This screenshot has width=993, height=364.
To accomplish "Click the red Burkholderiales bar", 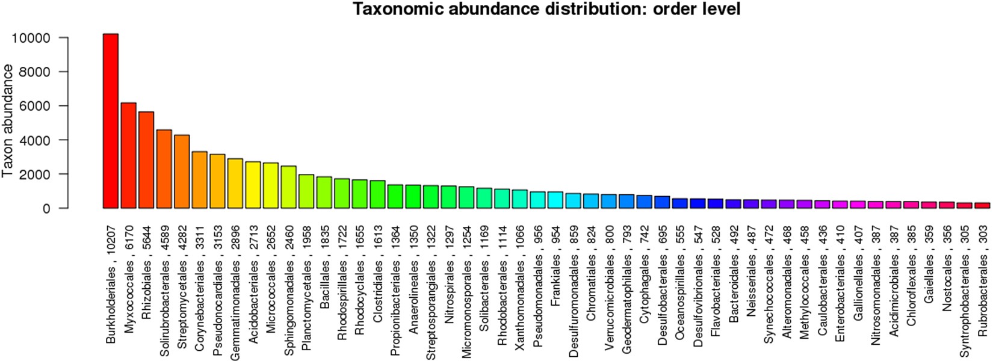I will coord(111,121).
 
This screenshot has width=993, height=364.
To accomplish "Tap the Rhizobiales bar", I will coord(146,160).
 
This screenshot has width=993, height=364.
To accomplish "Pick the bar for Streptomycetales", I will coord(182,171).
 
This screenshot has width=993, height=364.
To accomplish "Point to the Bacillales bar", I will coord(324,193).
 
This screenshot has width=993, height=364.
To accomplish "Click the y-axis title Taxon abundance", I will coord(8,121).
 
